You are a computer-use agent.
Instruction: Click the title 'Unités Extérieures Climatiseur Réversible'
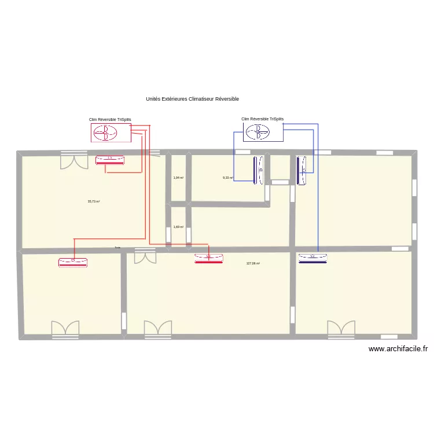click(192, 99)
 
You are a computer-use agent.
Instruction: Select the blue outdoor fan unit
click(263, 133)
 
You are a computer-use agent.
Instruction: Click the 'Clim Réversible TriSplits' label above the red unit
click(110, 120)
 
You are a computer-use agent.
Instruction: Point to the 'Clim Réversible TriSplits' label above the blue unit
click(263, 119)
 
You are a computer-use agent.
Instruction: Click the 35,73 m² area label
click(94, 201)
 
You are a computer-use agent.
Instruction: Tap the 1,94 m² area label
click(178, 178)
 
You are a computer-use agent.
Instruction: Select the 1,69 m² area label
click(178, 227)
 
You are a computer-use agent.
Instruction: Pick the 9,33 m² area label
click(227, 178)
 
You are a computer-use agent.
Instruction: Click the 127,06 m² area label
click(253, 263)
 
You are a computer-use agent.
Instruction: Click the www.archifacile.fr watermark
click(398, 349)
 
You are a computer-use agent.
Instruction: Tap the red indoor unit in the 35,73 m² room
click(110, 159)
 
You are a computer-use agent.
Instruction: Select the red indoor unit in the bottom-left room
click(73, 262)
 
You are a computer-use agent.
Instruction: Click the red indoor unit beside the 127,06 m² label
click(209, 258)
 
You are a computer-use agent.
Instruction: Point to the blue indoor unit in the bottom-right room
click(312, 258)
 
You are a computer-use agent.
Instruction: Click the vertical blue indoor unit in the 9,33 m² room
click(258, 171)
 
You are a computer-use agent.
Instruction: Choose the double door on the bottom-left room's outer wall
click(65, 329)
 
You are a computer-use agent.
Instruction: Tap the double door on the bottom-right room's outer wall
click(341, 329)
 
